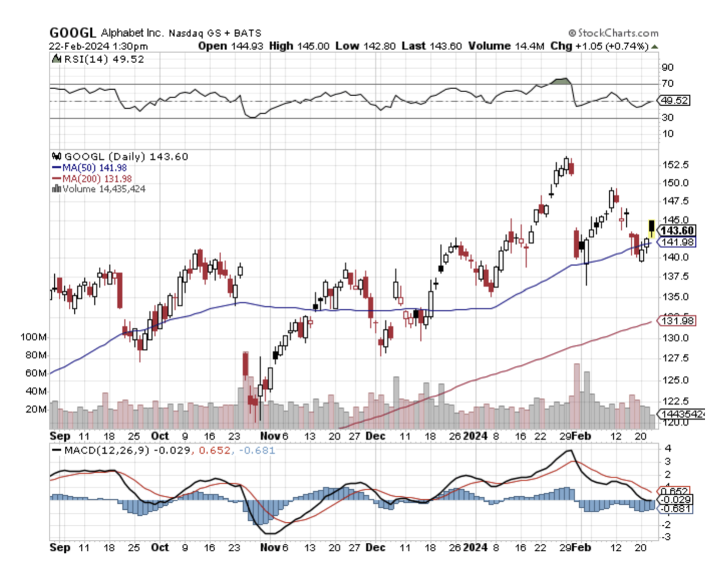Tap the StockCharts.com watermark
click(613, 33)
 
